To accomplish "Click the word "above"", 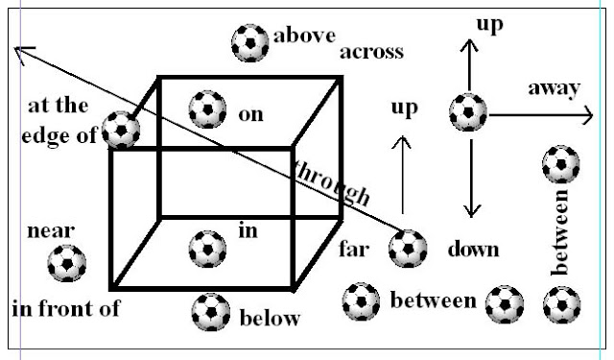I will point(304,36).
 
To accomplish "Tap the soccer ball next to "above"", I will point(251,42).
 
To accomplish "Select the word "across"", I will point(371,51).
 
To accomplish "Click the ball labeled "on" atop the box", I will point(208,109).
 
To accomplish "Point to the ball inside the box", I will point(207,249).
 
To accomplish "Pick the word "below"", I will point(269,318).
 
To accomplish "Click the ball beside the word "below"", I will point(211,311).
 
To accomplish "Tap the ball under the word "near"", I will point(67,262).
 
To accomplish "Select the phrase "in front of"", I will point(66,308).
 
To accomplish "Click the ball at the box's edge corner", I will point(122,130).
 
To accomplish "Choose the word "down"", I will point(473,250).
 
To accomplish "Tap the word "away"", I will point(554,89).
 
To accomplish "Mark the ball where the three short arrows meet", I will point(468,112).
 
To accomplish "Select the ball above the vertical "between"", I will point(560,164).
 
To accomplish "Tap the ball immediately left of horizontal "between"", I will point(362,301).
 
